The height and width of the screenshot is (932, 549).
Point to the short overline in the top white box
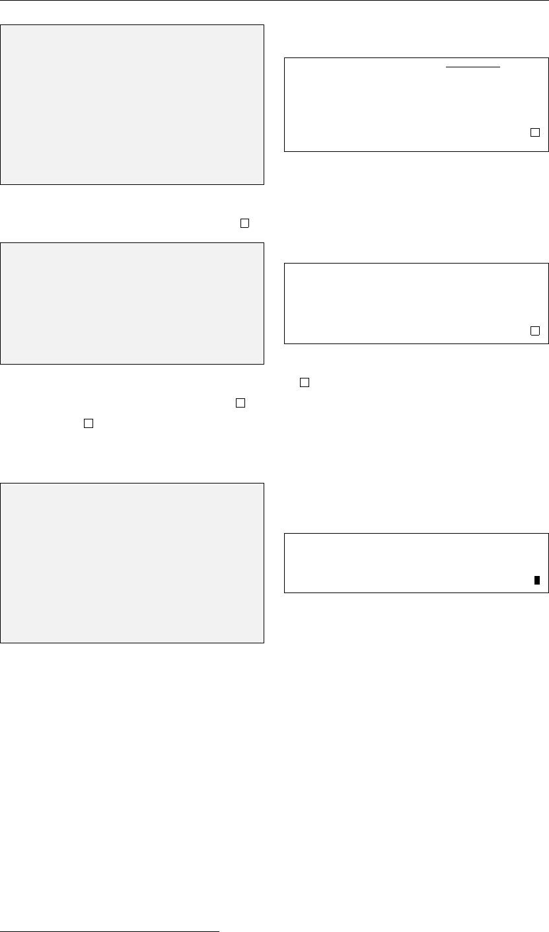tap(473, 67)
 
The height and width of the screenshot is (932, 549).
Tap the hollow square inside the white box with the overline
tap(535, 132)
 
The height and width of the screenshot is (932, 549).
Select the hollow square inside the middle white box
tap(535, 330)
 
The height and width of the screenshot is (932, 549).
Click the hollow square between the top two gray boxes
tap(244, 223)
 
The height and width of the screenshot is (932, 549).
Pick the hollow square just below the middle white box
tap(305, 382)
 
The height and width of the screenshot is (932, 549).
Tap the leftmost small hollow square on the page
tap(87, 423)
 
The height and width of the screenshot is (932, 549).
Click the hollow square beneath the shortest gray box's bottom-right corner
tap(240, 401)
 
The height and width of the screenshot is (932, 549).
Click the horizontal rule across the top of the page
tap(274, 1)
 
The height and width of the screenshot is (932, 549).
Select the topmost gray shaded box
tap(132, 104)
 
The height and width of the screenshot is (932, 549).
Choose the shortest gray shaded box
tap(132, 303)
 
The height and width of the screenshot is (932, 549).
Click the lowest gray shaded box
tap(132, 563)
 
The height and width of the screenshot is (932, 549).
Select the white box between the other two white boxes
tap(416, 304)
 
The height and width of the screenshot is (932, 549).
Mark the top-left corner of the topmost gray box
tap(1, 26)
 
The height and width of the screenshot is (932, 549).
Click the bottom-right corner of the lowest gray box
tap(264, 642)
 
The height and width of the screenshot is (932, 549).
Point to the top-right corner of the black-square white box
tap(548, 533)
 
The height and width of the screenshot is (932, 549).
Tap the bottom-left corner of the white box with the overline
tap(285, 151)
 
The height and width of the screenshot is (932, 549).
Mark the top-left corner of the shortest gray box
tap(1, 243)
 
